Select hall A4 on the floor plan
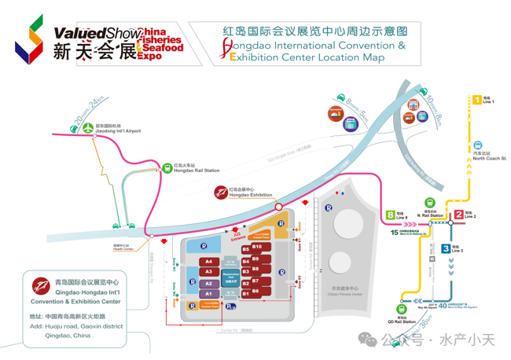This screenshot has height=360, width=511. pos(208,262)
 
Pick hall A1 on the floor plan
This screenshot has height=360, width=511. pos(208,293)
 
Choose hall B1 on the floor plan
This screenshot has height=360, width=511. pos(245,292)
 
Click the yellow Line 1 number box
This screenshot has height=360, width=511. pos(476,101)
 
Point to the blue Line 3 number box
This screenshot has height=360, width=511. pos(446,249)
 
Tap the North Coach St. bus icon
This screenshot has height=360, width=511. pos(477,145)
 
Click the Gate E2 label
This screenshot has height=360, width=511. pos(300,282)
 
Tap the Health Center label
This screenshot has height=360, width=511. pos(123,250)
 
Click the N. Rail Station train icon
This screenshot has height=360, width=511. pos(430,203)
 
